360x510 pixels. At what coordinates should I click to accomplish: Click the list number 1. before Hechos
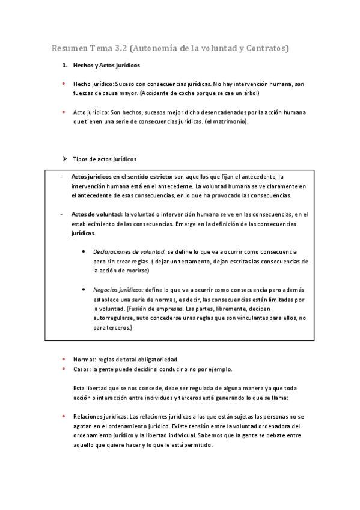pos(65,66)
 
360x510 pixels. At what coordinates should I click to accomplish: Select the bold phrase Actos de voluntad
pos(97,214)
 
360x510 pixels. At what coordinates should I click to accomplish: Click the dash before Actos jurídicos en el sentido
pos(62,177)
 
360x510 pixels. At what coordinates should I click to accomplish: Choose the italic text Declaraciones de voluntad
pos(129,251)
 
